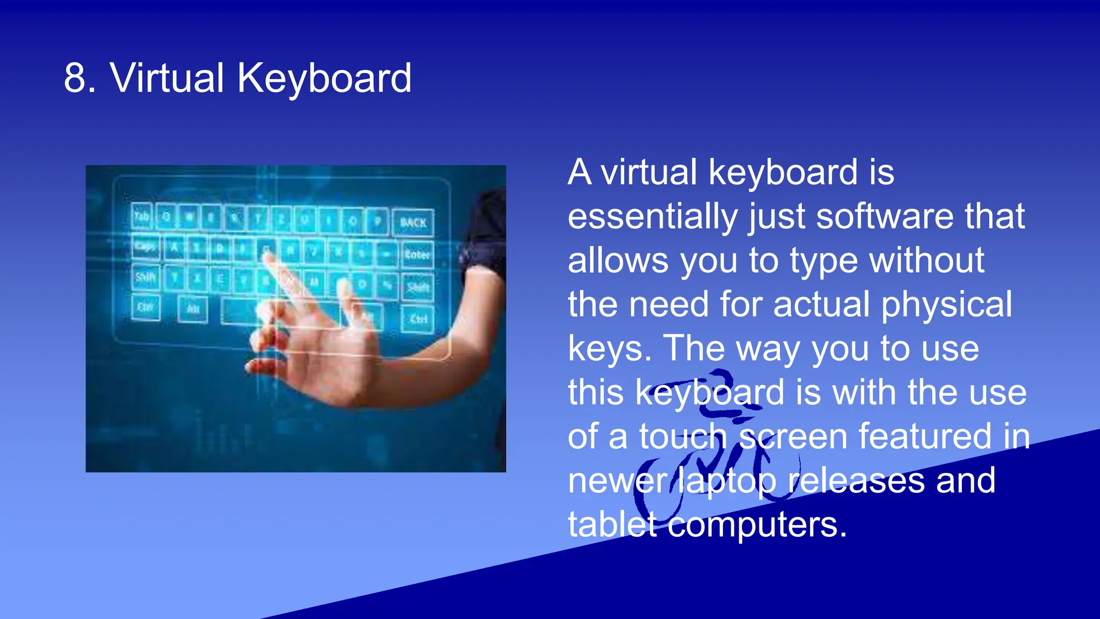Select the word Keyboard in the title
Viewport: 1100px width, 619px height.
pyautogui.click(x=324, y=78)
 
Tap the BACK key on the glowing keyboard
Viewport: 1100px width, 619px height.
pyautogui.click(x=412, y=222)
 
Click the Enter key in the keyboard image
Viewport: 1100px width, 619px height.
pyautogui.click(x=417, y=254)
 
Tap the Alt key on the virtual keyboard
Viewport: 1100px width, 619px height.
pyautogui.click(x=193, y=309)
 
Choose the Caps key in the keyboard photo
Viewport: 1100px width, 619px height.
pyautogui.click(x=145, y=247)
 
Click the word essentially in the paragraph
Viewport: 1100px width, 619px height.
pyautogui.click(x=653, y=217)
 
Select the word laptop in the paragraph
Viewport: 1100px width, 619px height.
pyautogui.click(x=727, y=481)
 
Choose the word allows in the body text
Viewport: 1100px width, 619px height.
pyautogui.click(x=618, y=261)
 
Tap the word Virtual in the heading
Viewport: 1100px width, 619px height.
pyautogui.click(x=167, y=78)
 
